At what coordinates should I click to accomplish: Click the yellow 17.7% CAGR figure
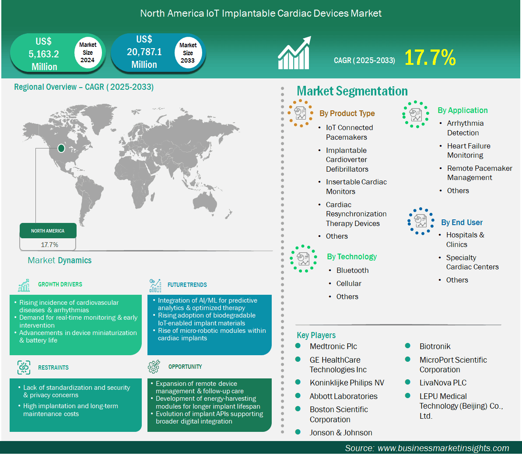point(430,57)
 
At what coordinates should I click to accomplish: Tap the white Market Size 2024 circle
point(88,52)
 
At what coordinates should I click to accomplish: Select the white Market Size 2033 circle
point(188,53)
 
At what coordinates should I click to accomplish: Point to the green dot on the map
point(61,148)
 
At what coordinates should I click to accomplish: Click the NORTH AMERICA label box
point(48,231)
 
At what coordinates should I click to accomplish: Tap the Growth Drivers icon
point(24,285)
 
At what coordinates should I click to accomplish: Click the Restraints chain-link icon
point(24,367)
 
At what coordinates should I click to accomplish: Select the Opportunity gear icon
point(154,366)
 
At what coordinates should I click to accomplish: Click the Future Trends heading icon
point(155,285)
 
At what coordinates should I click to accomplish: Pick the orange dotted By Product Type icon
point(300,113)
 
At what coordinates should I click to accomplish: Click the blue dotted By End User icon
point(421,221)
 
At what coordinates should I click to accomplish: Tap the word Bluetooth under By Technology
point(352,270)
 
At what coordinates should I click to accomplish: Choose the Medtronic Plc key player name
point(333,346)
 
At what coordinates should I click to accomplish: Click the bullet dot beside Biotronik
point(407,346)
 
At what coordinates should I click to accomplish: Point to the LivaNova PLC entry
point(443,383)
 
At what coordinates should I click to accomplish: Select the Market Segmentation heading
point(352,91)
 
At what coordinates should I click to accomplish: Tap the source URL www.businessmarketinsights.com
point(443,448)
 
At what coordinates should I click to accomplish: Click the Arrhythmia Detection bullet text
point(465,128)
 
